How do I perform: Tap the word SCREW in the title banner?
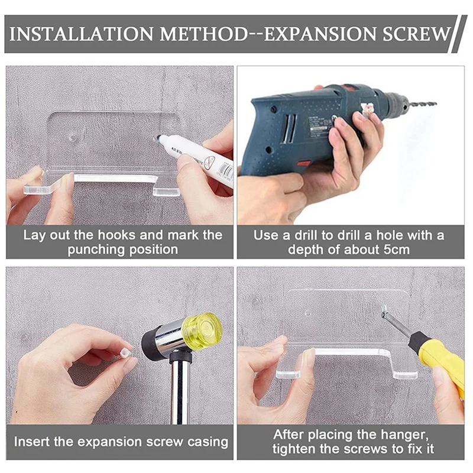pyautogui.click(x=417, y=34)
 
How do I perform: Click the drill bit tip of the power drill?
pyautogui.click(x=435, y=104)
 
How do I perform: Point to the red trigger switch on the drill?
pyautogui.click(x=304, y=164)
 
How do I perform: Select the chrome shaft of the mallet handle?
pyautogui.click(x=180, y=393)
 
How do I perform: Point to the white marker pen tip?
pyautogui.click(x=158, y=138)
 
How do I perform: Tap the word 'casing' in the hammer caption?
pyautogui.click(x=208, y=443)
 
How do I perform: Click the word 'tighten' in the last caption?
pyautogui.click(x=293, y=449)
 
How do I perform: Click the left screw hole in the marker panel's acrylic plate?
pyautogui.click(x=73, y=138)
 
